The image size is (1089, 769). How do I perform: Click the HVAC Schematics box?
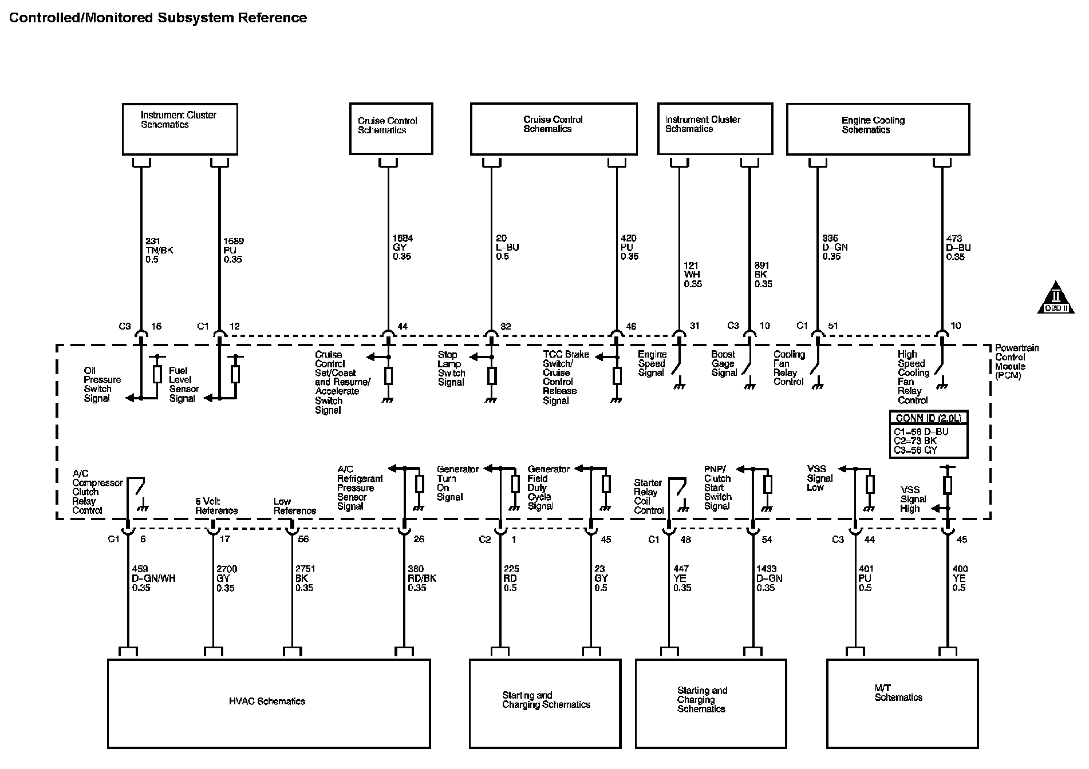(x=269, y=703)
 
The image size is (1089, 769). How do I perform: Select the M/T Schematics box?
(x=902, y=703)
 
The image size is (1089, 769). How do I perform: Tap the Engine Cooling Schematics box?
(x=878, y=129)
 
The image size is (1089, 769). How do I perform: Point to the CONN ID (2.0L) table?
(x=928, y=434)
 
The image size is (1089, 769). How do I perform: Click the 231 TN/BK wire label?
(x=159, y=250)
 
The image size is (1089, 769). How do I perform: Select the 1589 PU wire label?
(x=233, y=250)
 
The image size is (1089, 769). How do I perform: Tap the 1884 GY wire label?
(x=402, y=247)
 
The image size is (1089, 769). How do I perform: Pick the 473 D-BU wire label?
(x=958, y=248)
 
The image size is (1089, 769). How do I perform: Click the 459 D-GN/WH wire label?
(x=153, y=578)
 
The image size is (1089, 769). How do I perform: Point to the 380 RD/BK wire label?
(x=422, y=578)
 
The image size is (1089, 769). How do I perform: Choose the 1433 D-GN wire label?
(x=769, y=578)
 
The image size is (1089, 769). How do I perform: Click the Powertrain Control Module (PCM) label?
(x=1016, y=362)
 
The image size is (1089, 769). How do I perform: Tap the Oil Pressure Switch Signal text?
(x=102, y=384)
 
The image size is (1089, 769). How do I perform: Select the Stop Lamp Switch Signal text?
(x=451, y=368)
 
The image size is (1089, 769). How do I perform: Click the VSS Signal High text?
(x=910, y=499)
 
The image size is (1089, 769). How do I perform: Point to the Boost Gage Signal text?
(x=724, y=363)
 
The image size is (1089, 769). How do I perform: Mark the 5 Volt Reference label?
(x=216, y=506)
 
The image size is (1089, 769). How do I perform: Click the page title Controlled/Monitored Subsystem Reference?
(x=158, y=18)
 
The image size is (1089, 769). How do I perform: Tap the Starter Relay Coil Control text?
(x=649, y=496)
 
